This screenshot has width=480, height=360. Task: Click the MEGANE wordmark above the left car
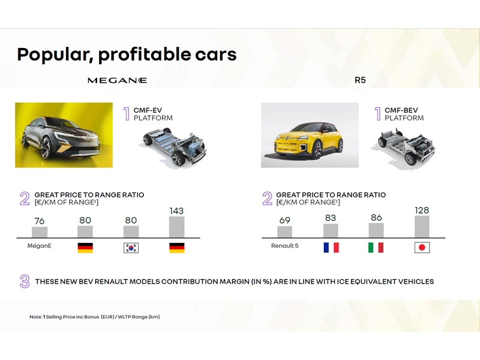coord(117,80)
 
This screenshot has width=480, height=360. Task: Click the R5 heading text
coord(360,80)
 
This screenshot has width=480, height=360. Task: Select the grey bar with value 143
coord(176,227)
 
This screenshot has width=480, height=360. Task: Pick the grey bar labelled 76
coord(40,232)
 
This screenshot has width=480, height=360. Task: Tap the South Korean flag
coord(131,248)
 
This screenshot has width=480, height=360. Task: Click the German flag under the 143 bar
coord(177,248)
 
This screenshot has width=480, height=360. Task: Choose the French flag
coord(331,247)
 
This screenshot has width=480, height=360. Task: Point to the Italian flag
coord(376,247)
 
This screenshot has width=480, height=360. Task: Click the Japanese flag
coord(422,248)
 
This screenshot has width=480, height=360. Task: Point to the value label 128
coord(422,211)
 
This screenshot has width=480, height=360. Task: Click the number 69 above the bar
coord(284,220)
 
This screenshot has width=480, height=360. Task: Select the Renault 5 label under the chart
coord(284,246)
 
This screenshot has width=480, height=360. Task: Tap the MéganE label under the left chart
coord(40,246)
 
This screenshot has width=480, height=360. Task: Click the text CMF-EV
coord(148,110)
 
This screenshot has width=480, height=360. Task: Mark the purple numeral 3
coord(25,281)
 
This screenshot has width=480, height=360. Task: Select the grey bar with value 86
coord(376,230)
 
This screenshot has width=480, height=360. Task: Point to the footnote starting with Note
coord(95,317)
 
